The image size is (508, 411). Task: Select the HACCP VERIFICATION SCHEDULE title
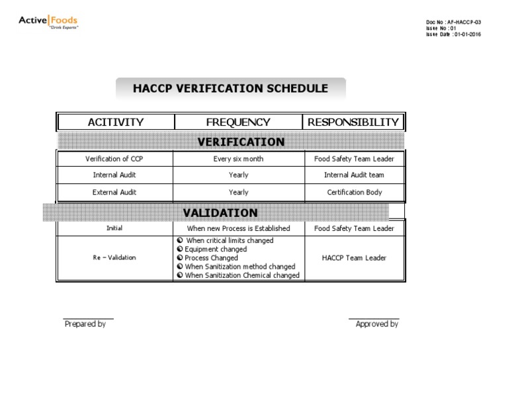point(230,89)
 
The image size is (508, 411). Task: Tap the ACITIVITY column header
point(115,122)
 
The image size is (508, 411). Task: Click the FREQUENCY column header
point(238,122)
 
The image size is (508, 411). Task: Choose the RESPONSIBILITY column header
point(353,122)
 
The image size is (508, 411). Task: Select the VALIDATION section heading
point(220,212)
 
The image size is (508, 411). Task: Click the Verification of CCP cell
point(114,159)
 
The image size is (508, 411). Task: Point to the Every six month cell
point(238,159)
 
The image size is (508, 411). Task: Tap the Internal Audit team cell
point(354,175)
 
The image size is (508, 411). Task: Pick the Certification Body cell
point(355,193)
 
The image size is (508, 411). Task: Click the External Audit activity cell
point(114,193)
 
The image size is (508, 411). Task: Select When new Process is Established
point(238,228)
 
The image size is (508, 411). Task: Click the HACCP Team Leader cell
point(355,258)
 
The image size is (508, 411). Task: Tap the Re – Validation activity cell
point(114,258)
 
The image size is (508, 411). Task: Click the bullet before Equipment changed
point(180,250)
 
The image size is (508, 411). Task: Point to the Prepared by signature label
point(85,324)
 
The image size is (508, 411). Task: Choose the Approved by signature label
point(377,324)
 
